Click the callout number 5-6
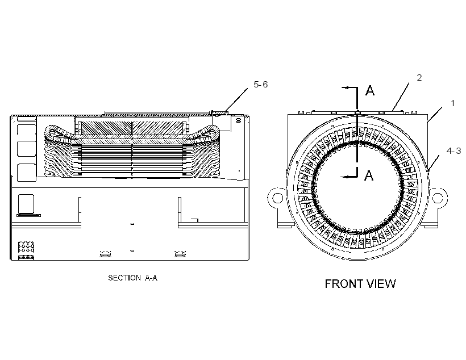260,85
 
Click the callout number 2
419,78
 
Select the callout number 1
452,103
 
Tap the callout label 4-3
453,151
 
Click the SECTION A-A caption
132,278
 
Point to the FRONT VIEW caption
360,284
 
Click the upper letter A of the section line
370,90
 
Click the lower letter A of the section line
369,175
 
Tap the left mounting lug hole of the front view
277,198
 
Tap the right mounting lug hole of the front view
438,198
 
